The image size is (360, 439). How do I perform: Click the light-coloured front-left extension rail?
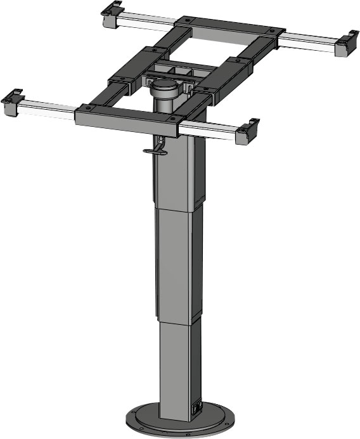pyautogui.click(x=48, y=112)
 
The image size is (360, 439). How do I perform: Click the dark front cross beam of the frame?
pyautogui.click(x=127, y=118)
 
